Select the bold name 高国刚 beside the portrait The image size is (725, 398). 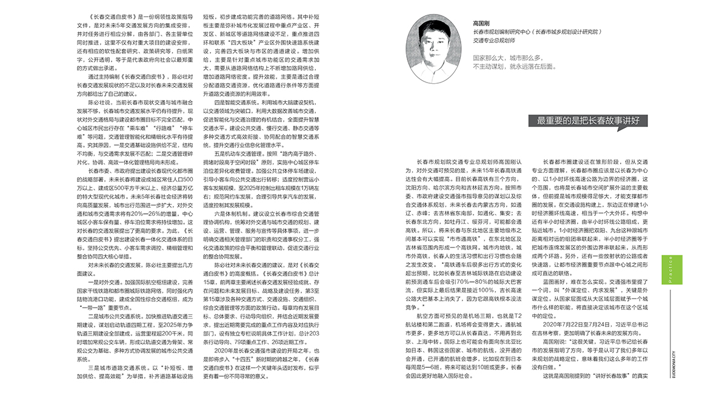pyautogui.click(x=482, y=21)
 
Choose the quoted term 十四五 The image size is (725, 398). pyautogui.click(x=259, y=351)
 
